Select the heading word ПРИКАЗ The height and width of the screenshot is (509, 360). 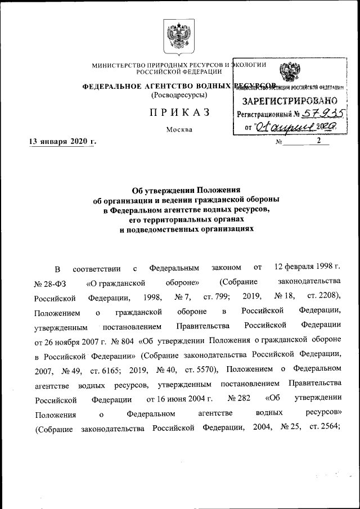179,112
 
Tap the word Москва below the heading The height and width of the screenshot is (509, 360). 179,130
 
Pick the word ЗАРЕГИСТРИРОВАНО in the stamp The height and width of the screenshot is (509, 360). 287,101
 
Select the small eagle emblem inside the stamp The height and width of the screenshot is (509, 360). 290,72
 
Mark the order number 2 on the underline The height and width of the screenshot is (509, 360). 319,141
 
